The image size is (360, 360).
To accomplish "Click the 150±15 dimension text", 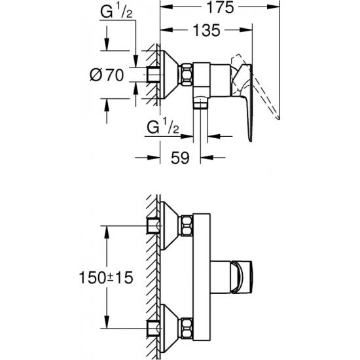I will [x=105, y=277].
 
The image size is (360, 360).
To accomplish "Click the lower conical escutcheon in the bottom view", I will [x=172, y=325].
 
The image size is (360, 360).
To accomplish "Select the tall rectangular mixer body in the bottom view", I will [x=200, y=275].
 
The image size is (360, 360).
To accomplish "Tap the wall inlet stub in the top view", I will [x=154, y=74].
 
